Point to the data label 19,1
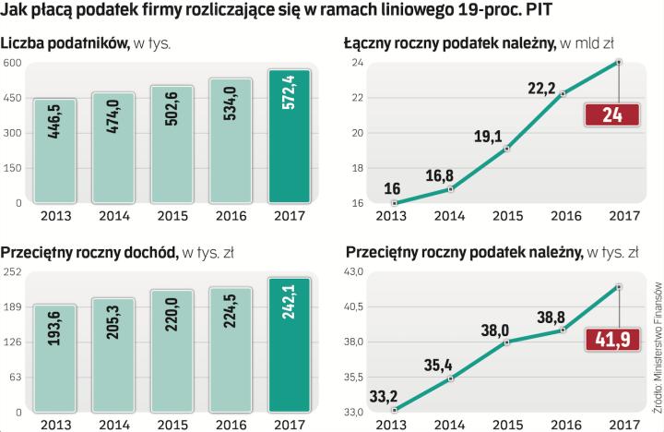[x=488, y=138]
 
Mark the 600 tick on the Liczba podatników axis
[x=12, y=63]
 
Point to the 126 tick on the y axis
[x=12, y=342]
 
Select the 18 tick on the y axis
[x=356, y=168]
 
